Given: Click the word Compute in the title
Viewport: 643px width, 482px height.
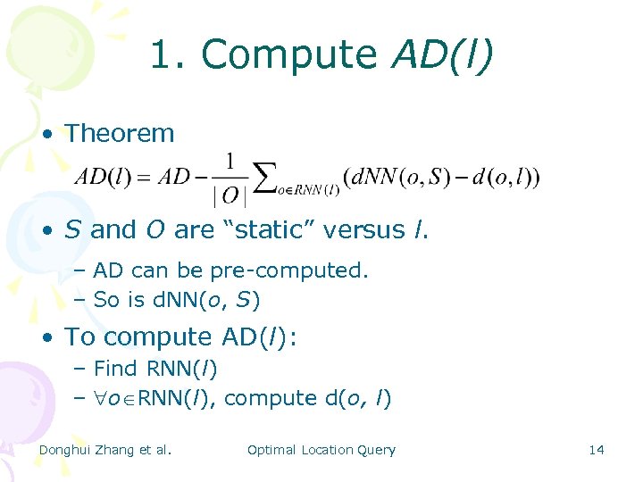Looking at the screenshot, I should click(288, 55).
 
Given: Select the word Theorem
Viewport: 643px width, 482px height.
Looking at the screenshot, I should click(120, 134).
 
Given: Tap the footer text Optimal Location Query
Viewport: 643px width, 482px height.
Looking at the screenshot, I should click(321, 450).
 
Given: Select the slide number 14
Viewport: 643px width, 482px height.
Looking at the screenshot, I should click(597, 450).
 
